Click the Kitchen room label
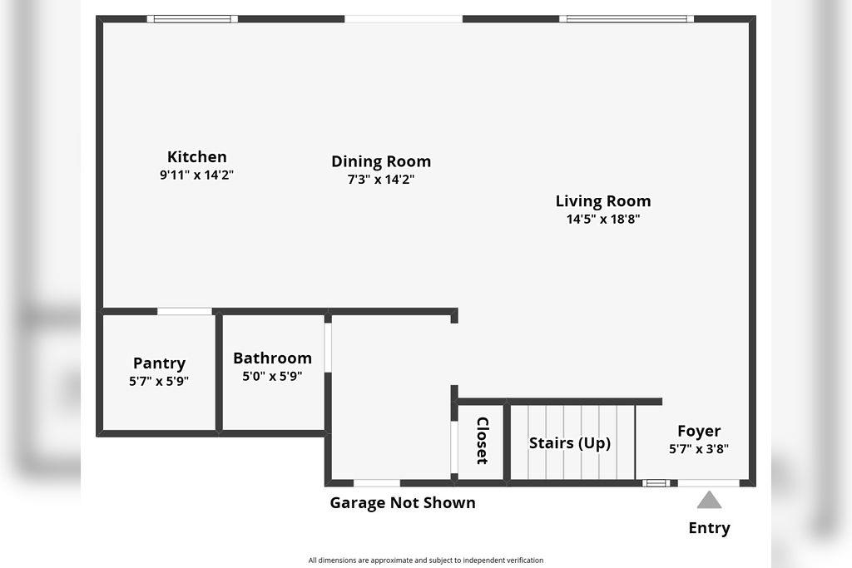coord(196,156)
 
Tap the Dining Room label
coord(381,161)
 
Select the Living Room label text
coord(603,200)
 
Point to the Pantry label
coord(159,363)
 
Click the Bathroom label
coord(272,358)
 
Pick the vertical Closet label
coord(482,441)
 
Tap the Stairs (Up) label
coord(570,443)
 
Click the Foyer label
coord(699,431)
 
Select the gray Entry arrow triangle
coord(709,500)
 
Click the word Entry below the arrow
coord(709,528)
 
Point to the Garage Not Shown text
coord(403,502)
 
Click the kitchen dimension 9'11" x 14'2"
coord(196,175)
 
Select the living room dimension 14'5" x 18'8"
coord(603,220)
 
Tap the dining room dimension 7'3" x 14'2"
coord(381,180)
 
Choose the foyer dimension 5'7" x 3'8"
coord(699,449)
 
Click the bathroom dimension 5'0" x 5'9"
coord(272,376)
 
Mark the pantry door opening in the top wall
coord(185,312)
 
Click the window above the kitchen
coord(192,18)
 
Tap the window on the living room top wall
coord(627,18)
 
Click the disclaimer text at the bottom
coord(425,560)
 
